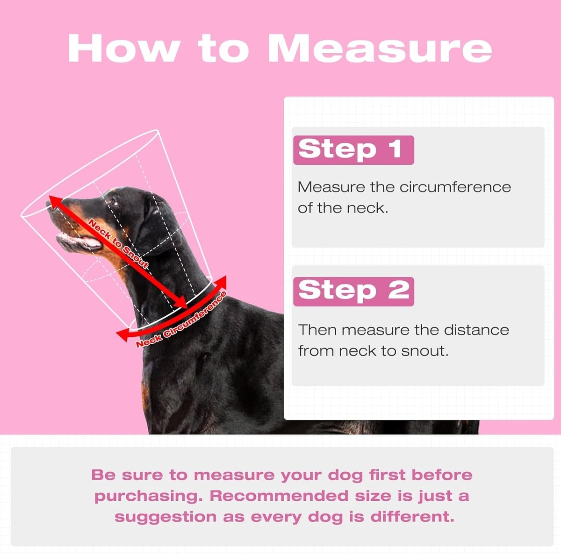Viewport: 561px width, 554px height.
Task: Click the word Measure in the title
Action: click(x=380, y=48)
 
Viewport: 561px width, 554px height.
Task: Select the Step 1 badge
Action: click(x=353, y=150)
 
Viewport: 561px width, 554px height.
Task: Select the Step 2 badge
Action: click(x=353, y=291)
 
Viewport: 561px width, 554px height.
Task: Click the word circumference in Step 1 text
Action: click(x=455, y=187)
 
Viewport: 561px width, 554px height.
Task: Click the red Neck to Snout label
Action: click(x=118, y=244)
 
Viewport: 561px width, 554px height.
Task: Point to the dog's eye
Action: click(x=113, y=201)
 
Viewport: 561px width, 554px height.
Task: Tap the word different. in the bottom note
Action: click(x=412, y=517)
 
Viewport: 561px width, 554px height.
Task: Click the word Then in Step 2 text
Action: click(x=317, y=330)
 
